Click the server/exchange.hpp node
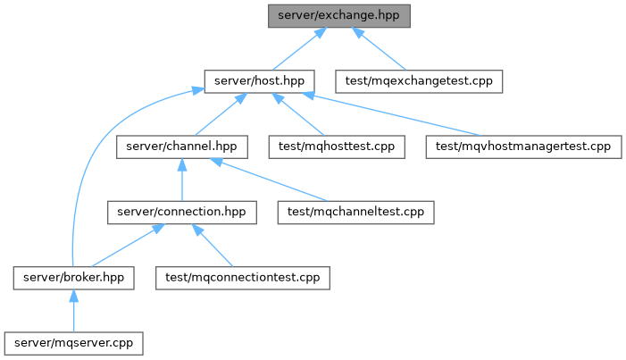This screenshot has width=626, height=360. tap(339, 16)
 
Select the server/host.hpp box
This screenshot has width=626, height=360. tap(259, 81)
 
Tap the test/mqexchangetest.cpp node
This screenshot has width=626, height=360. tap(419, 81)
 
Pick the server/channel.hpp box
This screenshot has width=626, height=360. tap(181, 147)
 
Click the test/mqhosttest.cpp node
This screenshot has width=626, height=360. tap(337, 147)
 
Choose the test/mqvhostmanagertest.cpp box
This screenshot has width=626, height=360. tap(523, 147)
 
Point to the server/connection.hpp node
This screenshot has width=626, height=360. tap(181, 213)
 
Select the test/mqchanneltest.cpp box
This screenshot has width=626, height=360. tap(355, 213)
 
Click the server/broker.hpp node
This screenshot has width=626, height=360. tap(73, 278)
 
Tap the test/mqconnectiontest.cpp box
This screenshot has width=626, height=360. tap(243, 278)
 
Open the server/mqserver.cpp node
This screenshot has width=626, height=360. tap(73, 344)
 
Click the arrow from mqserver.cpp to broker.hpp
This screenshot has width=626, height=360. tap(73, 311)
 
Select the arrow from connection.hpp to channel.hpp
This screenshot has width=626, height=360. tap(182, 180)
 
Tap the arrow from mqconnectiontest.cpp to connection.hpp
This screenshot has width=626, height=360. tap(212, 246)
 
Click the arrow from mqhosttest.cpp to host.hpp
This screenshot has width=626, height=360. tap(298, 114)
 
